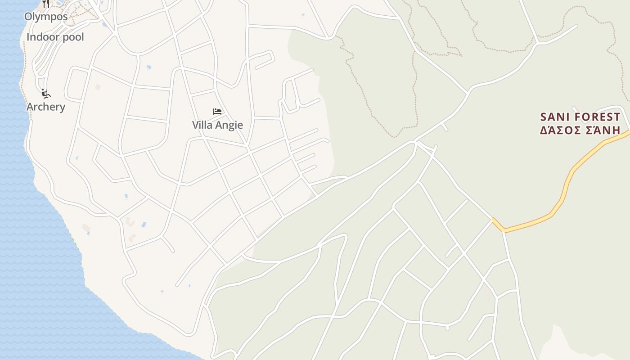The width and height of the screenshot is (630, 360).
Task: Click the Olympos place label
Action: click(46, 17)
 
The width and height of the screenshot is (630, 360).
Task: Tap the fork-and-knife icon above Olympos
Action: click(46, 4)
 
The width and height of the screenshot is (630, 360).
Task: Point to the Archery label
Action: click(46, 107)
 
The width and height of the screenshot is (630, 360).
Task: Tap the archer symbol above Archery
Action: click(45, 94)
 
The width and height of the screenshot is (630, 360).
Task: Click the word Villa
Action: click(201, 125)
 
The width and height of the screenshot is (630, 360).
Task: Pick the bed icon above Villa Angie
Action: click(217, 111)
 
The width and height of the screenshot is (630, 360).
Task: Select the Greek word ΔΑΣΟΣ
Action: click(559, 130)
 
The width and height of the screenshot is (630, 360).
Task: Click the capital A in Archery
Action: click(30, 107)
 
